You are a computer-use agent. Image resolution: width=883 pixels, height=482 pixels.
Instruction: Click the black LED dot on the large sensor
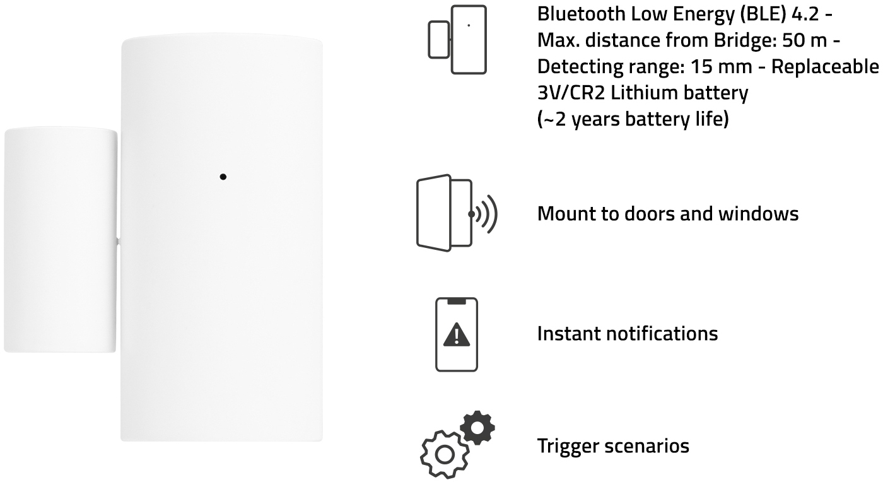223,177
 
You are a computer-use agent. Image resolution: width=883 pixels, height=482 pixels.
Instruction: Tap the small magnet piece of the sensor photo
61,239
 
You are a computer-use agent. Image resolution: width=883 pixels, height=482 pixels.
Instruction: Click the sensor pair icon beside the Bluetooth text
457,40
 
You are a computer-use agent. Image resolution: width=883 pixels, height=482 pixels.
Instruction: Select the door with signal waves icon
457,213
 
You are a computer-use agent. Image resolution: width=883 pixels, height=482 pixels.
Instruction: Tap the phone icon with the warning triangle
457,334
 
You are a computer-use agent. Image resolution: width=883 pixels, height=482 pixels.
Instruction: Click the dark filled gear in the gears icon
477,428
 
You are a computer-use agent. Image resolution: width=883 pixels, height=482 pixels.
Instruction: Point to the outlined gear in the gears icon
445,455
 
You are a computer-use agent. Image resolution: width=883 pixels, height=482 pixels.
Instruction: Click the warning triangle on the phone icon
457,334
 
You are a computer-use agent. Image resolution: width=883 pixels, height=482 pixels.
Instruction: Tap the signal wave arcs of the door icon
487,214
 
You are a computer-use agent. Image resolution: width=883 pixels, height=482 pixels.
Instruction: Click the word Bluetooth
581,15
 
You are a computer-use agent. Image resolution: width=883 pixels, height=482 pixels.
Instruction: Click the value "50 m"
805,40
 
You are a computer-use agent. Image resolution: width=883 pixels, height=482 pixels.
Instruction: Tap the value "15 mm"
722,67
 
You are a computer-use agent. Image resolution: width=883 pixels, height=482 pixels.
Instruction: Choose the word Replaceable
825,67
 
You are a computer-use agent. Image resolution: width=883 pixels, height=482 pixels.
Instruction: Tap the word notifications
662,334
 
